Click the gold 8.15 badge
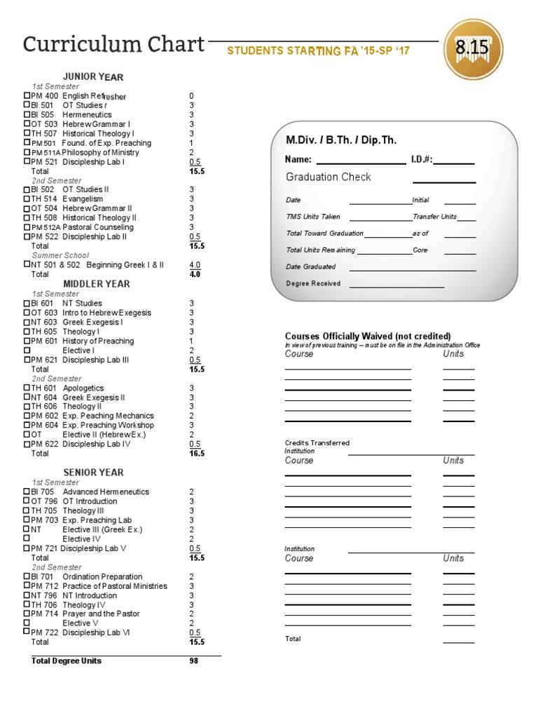(x=478, y=49)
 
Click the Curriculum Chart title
(x=113, y=45)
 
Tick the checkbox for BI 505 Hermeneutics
(x=27, y=114)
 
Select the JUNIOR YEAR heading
(x=93, y=76)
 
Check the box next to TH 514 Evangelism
(x=27, y=199)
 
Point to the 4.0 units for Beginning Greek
(x=195, y=265)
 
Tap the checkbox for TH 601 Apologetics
(x=27, y=388)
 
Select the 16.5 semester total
(x=196, y=454)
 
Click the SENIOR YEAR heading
(x=93, y=473)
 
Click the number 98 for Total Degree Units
(x=194, y=661)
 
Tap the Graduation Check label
(x=328, y=177)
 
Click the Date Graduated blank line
(x=412, y=268)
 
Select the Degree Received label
(x=313, y=283)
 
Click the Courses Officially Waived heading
(x=368, y=336)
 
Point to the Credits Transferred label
(x=317, y=443)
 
